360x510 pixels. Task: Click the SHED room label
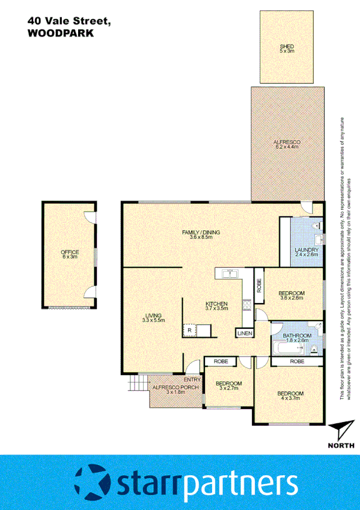[287, 49]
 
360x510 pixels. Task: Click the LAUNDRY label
[306, 252]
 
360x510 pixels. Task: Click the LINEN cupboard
[245, 333]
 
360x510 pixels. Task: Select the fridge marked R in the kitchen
[190, 330]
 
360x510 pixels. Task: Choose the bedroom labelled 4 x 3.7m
[290, 397]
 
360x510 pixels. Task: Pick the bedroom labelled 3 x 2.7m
[229, 386]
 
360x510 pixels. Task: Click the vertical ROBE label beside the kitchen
[258, 284]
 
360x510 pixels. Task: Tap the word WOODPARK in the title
[60, 34]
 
